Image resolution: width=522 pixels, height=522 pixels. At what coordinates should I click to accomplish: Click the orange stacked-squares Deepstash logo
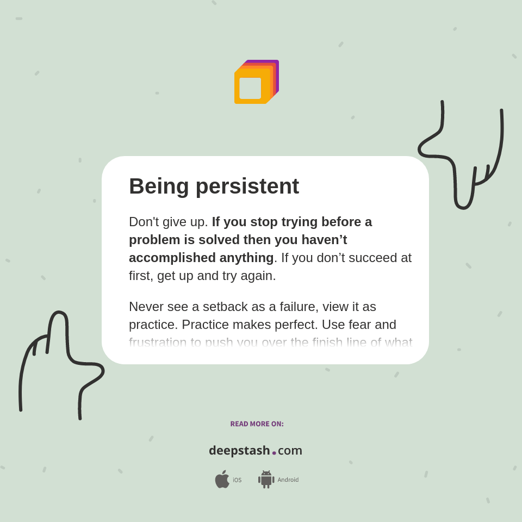256,82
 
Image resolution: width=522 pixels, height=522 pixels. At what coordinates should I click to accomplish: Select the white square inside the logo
250,88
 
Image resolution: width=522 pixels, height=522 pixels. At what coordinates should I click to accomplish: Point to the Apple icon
222,480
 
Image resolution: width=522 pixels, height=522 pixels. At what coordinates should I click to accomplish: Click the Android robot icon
266,480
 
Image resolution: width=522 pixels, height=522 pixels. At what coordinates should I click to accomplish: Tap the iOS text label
237,480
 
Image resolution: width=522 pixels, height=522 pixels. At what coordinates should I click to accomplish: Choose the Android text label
288,480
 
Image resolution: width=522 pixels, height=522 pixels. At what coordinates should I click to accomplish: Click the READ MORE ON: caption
257,424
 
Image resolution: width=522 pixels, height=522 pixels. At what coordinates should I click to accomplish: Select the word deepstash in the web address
239,451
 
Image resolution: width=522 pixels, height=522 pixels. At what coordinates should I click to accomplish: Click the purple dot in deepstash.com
274,453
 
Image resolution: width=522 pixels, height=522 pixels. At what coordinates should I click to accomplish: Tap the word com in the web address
290,451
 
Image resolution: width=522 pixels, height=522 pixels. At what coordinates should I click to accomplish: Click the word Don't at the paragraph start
144,222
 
